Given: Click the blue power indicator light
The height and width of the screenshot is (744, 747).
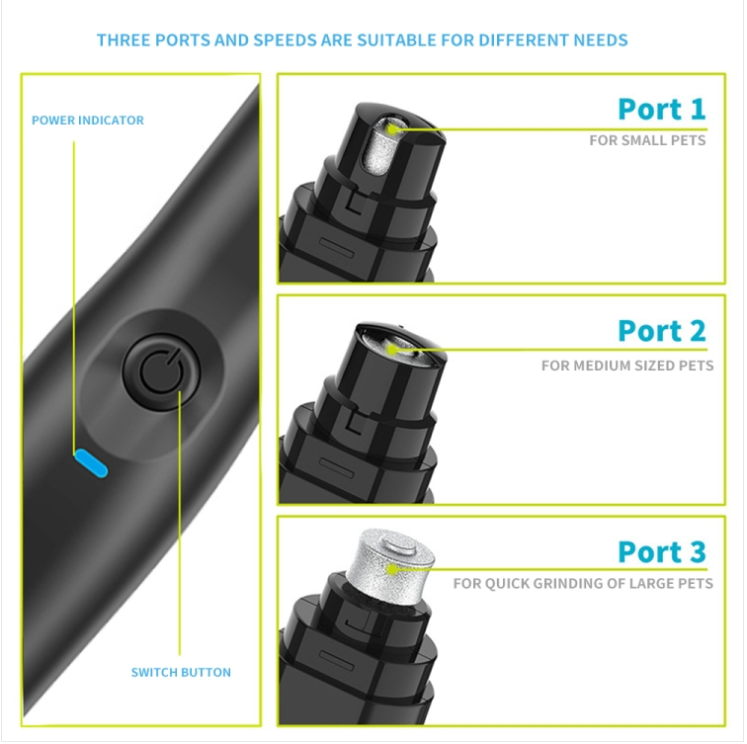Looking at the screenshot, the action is click(91, 463).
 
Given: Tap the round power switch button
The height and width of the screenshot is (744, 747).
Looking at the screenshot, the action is click(161, 372).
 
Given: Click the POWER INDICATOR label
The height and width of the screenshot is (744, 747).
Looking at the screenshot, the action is click(88, 120).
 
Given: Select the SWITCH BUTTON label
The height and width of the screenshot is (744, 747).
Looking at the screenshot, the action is click(181, 672).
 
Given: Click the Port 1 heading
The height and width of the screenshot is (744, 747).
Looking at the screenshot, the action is click(662, 109).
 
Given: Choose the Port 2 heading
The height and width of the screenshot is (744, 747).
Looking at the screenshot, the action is click(662, 330).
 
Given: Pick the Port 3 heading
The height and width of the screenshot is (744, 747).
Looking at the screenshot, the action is click(662, 551).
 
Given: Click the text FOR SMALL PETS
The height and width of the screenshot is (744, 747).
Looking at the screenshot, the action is click(647, 140).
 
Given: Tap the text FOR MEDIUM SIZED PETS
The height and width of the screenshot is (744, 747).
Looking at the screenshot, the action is click(627, 366).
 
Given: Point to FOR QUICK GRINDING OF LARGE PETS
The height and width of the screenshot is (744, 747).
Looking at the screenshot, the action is click(583, 584).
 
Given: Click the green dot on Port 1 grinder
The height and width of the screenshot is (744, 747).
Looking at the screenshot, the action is click(392, 129).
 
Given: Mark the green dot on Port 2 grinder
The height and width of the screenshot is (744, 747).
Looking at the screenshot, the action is click(392, 351).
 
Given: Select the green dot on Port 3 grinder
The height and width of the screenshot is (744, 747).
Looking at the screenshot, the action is click(392, 569).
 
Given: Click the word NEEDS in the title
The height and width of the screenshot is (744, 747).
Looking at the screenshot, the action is click(601, 40).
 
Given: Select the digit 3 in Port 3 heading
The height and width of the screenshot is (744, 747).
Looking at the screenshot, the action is click(698, 551).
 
